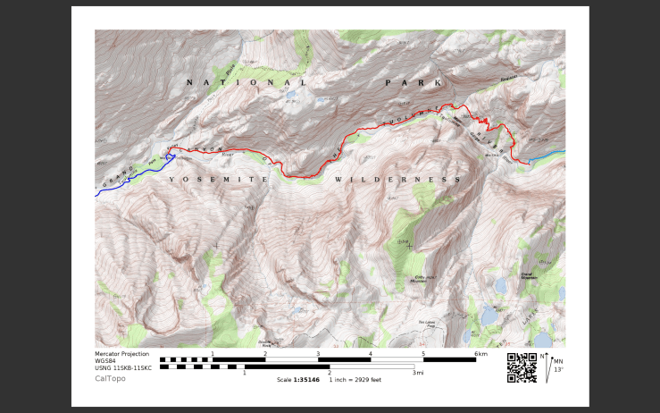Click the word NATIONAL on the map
[246, 82]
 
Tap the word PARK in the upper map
[413, 82]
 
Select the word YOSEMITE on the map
[218, 180]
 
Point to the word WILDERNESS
[397, 180]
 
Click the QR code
[522, 367]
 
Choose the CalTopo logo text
[110, 378]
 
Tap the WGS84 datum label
[106, 361]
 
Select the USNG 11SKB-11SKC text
[123, 368]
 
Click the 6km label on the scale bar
[480, 354]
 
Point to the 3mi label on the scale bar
[418, 373]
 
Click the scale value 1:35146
[305, 380]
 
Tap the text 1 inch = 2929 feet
[355, 380]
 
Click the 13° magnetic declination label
[558, 369]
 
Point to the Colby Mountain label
[425, 279]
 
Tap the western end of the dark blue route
[96, 194]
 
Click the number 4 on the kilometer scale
[371, 354]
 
